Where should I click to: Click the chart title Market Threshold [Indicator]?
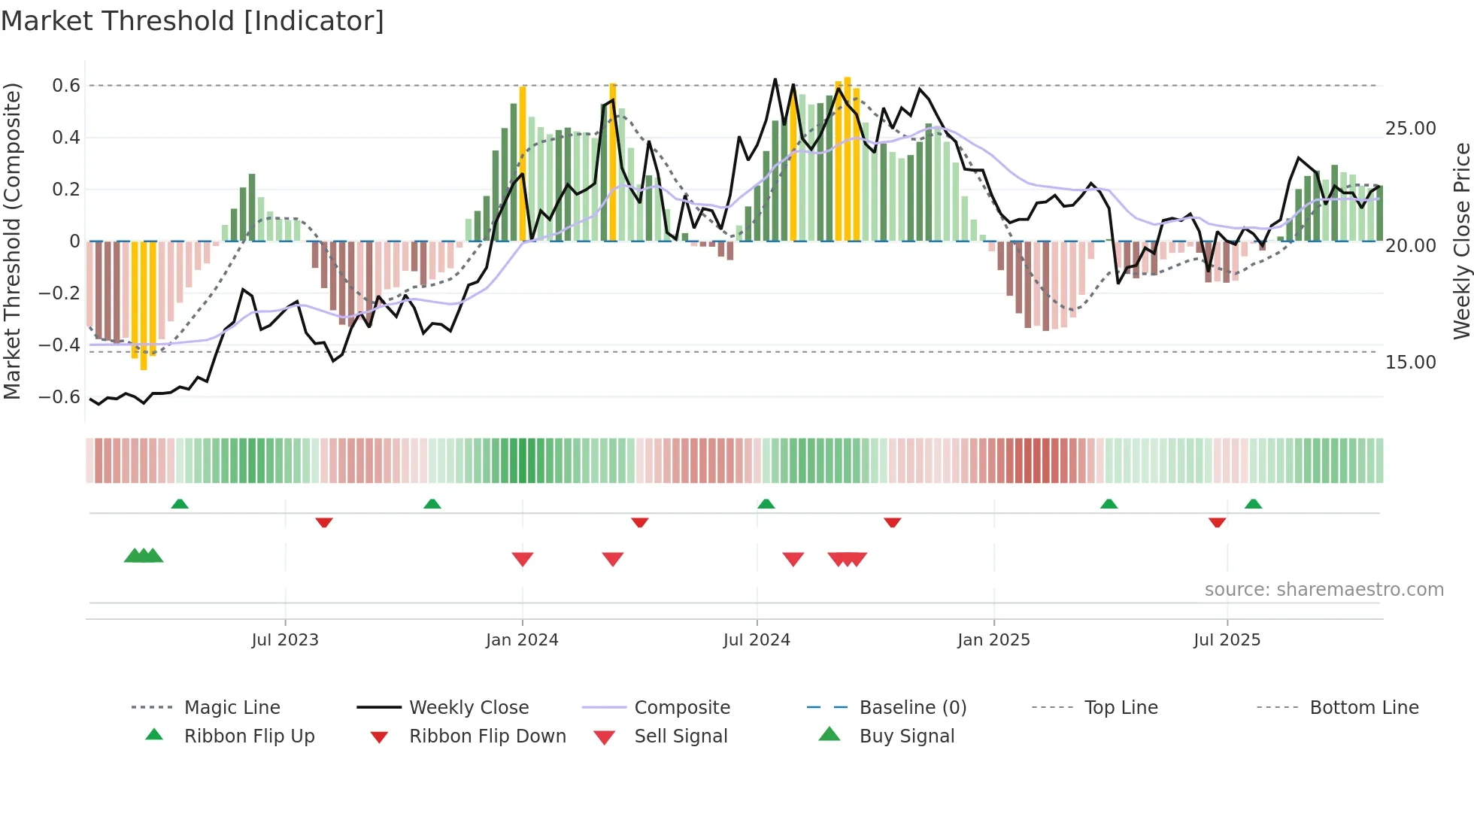pyautogui.click(x=193, y=21)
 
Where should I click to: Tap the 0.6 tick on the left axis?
pyautogui.click(x=66, y=86)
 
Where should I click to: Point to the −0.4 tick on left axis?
pyautogui.click(x=59, y=345)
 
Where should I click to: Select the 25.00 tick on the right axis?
pyautogui.click(x=1411, y=129)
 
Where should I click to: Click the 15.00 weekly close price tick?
pyautogui.click(x=1411, y=363)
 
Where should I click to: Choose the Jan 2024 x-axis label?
pyautogui.click(x=522, y=640)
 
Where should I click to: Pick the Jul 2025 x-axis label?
pyautogui.click(x=1227, y=640)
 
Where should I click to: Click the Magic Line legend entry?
pyautogui.click(x=232, y=708)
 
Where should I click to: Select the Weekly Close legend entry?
pyautogui.click(x=469, y=708)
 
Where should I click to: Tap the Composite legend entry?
pyautogui.click(x=681, y=708)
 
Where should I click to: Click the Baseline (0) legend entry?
pyautogui.click(x=912, y=708)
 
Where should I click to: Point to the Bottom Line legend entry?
pyautogui.click(x=1363, y=708)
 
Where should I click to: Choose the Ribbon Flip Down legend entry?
pyautogui.click(x=487, y=736)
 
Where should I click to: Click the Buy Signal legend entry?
pyautogui.click(x=906, y=736)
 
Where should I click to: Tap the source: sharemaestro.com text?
pyautogui.click(x=1324, y=590)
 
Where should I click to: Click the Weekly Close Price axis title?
pyautogui.click(x=1461, y=241)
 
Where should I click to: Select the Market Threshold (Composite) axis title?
pyautogui.click(x=12, y=241)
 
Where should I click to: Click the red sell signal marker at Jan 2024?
pyautogui.click(x=523, y=559)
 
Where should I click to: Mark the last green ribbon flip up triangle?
pyautogui.click(x=1253, y=504)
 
